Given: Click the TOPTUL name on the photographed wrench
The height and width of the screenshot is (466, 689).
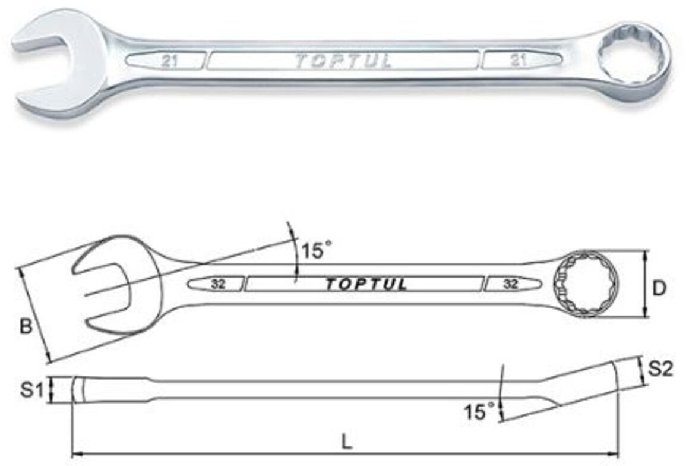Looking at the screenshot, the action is [343, 62].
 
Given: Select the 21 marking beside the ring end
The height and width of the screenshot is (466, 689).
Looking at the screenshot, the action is [519, 60].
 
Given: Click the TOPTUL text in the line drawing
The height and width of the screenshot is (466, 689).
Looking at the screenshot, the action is [366, 285].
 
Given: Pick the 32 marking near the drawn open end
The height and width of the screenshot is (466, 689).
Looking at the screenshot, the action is [218, 284].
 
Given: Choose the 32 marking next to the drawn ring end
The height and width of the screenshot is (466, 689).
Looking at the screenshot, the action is [510, 284].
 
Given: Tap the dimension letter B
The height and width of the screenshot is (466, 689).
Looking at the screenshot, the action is [26, 326].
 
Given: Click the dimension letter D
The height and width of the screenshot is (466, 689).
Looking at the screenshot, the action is [659, 288].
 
